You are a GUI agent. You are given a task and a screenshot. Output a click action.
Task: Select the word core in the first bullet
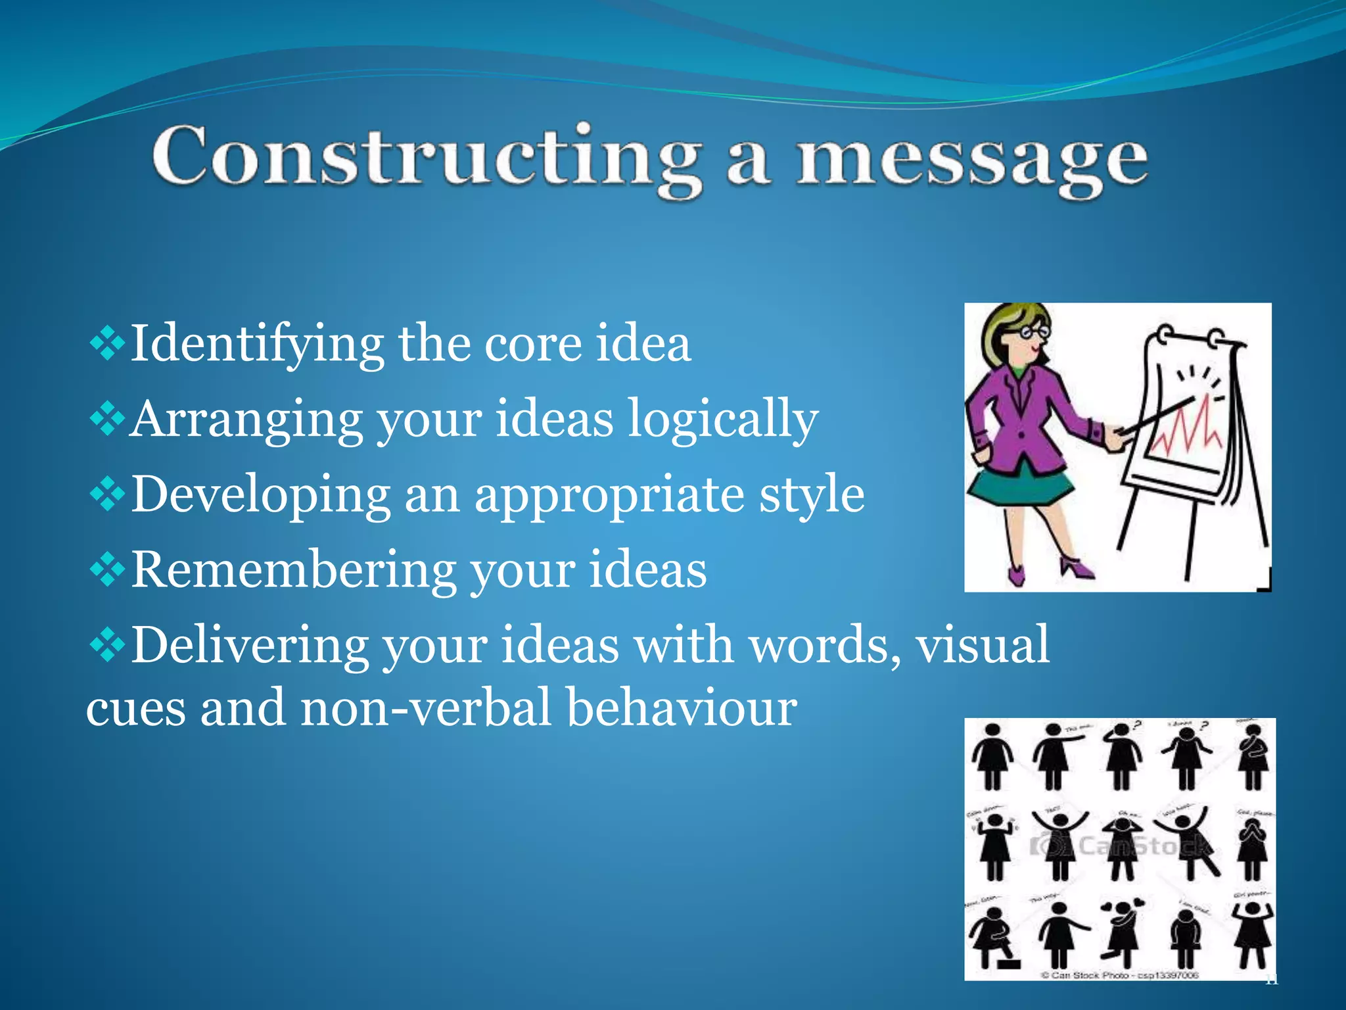(532, 345)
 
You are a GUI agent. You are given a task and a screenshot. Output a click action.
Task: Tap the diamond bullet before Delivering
(107, 646)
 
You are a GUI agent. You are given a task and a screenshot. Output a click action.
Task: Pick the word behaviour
(682, 709)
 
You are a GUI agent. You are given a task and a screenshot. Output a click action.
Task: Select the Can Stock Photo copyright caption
(1121, 974)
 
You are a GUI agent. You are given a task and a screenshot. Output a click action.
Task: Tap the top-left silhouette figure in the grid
(992, 756)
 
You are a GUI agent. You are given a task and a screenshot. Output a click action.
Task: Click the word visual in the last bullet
(983, 646)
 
